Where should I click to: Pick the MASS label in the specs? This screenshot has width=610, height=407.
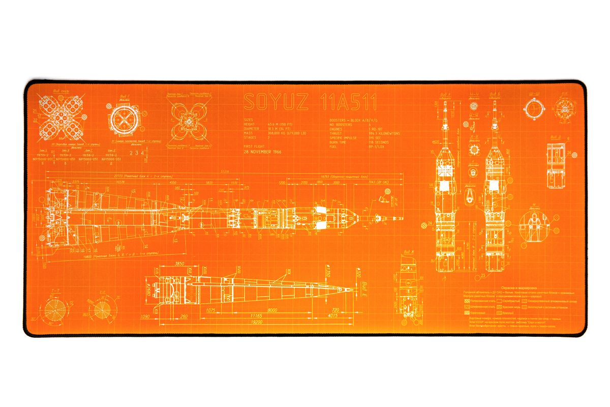249,133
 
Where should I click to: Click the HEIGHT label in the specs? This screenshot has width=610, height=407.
250,124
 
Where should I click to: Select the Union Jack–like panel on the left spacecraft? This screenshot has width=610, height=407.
446,170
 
